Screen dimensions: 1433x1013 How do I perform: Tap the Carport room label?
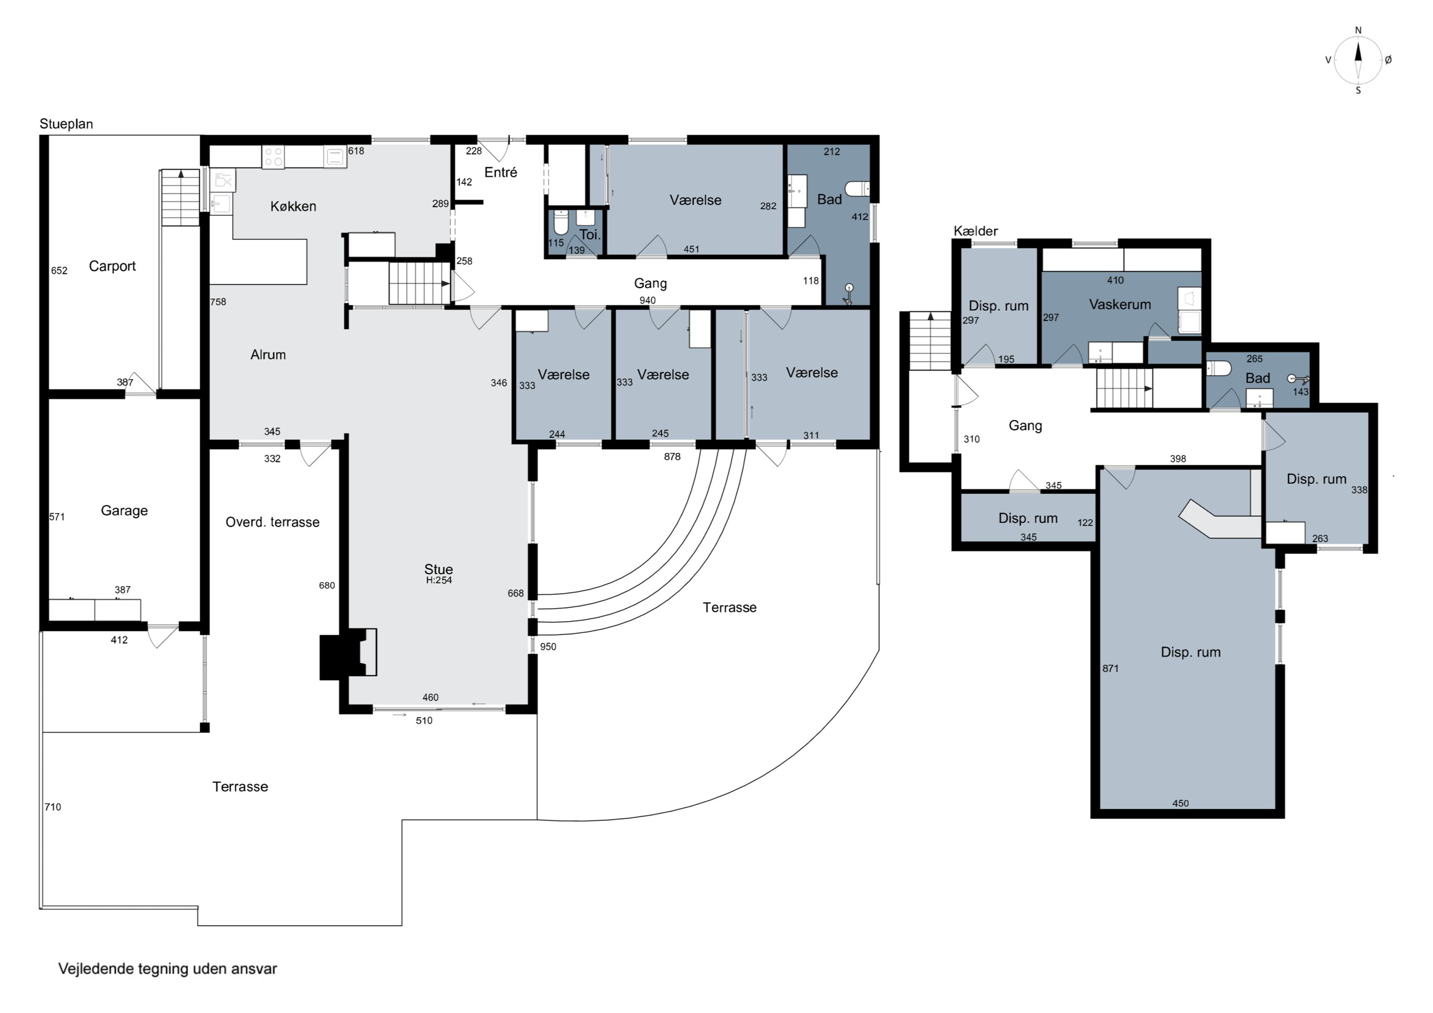tap(112, 267)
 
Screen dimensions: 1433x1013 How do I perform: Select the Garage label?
tap(124, 511)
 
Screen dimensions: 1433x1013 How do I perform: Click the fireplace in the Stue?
tap(348, 652)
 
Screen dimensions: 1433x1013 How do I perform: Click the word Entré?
tap(501, 172)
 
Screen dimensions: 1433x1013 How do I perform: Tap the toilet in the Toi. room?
tap(561, 222)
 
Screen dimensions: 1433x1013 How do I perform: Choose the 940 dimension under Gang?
tap(647, 300)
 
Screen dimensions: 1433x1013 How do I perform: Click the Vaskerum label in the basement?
tap(1120, 305)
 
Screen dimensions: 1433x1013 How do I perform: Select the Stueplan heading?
tap(66, 124)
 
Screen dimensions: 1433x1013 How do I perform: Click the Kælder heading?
tap(975, 231)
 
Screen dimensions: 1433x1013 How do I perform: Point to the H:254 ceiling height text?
tap(439, 580)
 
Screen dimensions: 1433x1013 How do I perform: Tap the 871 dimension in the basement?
tap(1110, 669)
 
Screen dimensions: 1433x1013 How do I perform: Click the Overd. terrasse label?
tap(273, 522)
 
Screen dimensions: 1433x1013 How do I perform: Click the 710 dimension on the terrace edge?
tap(53, 807)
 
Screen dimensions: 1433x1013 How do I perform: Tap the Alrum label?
tap(268, 354)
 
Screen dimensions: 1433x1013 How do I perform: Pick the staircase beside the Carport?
tap(181, 197)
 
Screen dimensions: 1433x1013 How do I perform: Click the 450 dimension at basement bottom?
tap(1180, 803)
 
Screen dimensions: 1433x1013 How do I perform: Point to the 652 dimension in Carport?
tap(59, 270)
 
